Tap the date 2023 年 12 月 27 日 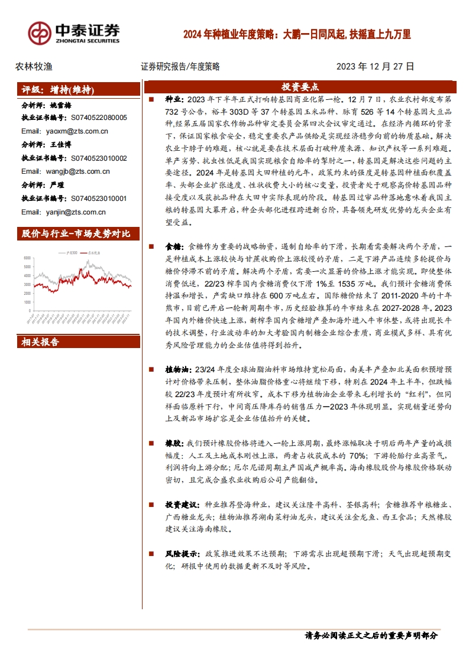[x=376, y=67]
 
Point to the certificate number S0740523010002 [x=99, y=158]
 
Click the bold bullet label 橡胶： [x=175, y=443]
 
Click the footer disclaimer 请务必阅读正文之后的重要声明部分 [x=370, y=636]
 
